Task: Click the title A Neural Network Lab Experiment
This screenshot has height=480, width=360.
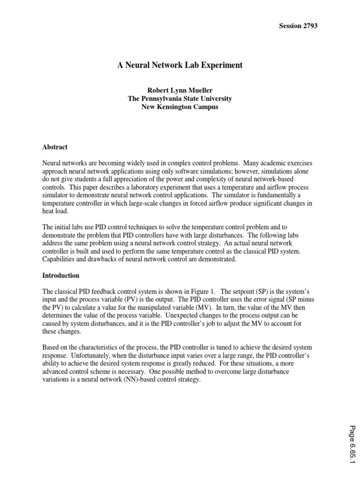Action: click(180, 66)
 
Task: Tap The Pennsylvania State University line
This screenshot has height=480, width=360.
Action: click(180, 98)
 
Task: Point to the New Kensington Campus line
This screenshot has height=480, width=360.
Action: click(180, 107)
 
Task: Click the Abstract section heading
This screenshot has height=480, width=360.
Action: click(55, 147)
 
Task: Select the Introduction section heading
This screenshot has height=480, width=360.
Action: click(61, 275)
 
